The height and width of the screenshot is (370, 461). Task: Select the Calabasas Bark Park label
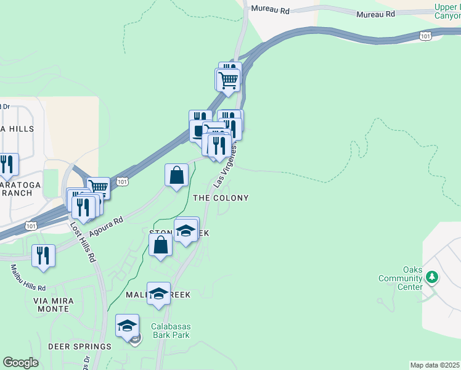[171, 331]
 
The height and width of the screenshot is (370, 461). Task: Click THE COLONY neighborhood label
[221, 198]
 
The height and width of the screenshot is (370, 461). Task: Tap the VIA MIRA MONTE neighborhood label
[54, 305]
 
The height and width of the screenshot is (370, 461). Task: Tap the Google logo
[20, 363]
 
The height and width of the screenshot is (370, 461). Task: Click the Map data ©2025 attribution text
[434, 365]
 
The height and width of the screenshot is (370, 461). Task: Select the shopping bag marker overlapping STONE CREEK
[160, 245]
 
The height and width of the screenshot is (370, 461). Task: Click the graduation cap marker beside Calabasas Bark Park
[128, 326]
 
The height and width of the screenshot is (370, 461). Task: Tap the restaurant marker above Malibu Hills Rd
[43, 255]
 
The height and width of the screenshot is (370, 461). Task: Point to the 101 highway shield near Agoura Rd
[123, 181]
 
